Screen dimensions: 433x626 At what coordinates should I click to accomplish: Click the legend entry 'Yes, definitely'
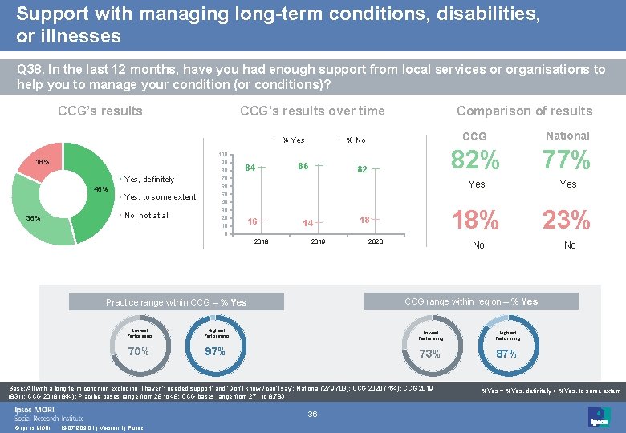pyautogui.click(x=152, y=179)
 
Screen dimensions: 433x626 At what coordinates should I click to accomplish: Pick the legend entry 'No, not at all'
pyautogui.click(x=147, y=216)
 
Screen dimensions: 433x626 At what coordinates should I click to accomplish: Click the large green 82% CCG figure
pyautogui.click(x=476, y=161)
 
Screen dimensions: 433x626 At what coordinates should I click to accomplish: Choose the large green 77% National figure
pyautogui.click(x=567, y=161)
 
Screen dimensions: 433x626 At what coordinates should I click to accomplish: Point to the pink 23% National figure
pyautogui.click(x=567, y=219)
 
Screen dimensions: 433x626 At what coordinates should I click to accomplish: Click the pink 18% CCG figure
pyautogui.click(x=476, y=219)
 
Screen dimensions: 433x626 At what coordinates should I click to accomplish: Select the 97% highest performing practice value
pyautogui.click(x=214, y=352)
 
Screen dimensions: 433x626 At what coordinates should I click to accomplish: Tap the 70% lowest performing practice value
pyautogui.click(x=139, y=352)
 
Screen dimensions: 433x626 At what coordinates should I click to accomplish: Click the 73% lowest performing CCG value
pyautogui.click(x=430, y=354)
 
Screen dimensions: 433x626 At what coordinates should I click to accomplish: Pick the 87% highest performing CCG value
pyautogui.click(x=507, y=354)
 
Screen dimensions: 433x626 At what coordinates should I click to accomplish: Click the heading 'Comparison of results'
pyautogui.click(x=524, y=111)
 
